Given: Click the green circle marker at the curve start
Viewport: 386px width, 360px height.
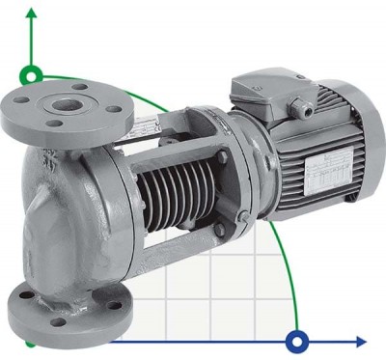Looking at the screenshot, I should pos(33,74).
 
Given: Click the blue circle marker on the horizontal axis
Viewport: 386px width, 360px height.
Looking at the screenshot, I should pos(297,340).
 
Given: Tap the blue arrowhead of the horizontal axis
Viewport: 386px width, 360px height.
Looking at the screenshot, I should pos(361,341).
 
